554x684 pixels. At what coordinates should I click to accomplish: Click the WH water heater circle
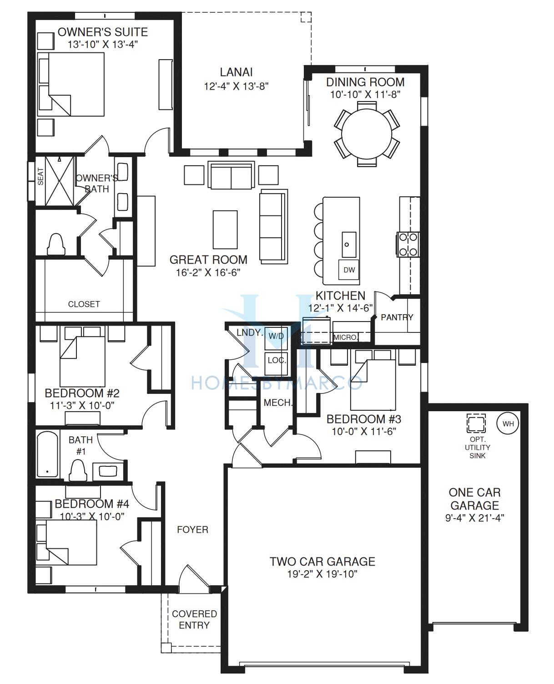point(508,424)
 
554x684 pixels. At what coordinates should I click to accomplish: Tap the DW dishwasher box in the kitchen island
point(349,270)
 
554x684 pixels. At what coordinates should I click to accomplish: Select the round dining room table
point(367,134)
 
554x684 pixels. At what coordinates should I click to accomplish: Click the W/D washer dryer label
point(276,336)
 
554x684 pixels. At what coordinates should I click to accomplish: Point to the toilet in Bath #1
point(78,470)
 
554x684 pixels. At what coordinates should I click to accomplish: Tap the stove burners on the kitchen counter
point(408,245)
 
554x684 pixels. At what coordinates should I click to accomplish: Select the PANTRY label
point(397,317)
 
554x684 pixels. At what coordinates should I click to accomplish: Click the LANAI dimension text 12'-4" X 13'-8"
point(236,87)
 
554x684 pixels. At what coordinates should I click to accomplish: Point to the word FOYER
point(192,530)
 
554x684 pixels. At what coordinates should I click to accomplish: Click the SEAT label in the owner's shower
point(41,177)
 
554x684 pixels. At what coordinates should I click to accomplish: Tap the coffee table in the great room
point(225,230)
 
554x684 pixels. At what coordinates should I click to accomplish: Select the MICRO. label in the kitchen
point(346,337)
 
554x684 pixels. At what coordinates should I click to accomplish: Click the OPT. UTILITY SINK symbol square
point(476,423)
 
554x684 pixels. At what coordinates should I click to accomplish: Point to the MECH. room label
point(278,403)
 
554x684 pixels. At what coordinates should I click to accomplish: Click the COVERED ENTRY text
point(194,619)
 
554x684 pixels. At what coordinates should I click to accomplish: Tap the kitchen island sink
point(349,245)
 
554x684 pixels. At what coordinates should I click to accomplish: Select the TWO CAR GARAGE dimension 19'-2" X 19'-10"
point(322,574)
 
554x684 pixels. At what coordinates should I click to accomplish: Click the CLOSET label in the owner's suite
point(84,304)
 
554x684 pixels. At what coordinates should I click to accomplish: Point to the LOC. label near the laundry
point(277,360)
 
